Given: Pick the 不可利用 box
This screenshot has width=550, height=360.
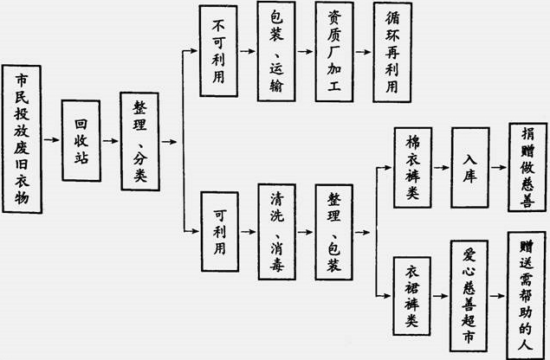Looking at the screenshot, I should [218, 51].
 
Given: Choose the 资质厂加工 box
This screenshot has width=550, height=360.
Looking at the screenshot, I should [334, 51].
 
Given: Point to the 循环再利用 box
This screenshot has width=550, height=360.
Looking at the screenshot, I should [391, 51].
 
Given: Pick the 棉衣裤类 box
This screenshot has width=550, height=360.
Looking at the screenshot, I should [412, 168].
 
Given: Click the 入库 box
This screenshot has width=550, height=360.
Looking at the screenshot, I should [469, 168].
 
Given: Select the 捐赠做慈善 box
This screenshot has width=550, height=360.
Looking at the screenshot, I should [527, 168].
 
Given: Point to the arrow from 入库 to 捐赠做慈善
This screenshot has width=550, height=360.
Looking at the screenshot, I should [499, 168].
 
